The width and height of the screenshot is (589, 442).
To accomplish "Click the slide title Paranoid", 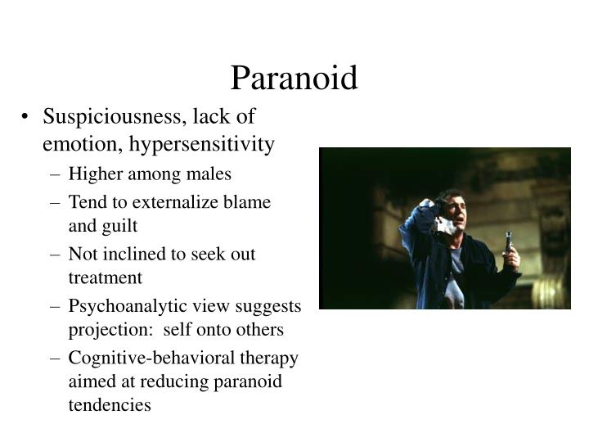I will click(x=294, y=79).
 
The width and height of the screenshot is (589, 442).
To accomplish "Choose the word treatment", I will click(x=105, y=277).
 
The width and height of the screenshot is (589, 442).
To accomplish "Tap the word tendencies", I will click(x=110, y=405).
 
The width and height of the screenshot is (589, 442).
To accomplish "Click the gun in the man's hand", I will click(x=509, y=243).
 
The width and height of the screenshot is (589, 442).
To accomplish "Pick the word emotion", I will click(x=74, y=145).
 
